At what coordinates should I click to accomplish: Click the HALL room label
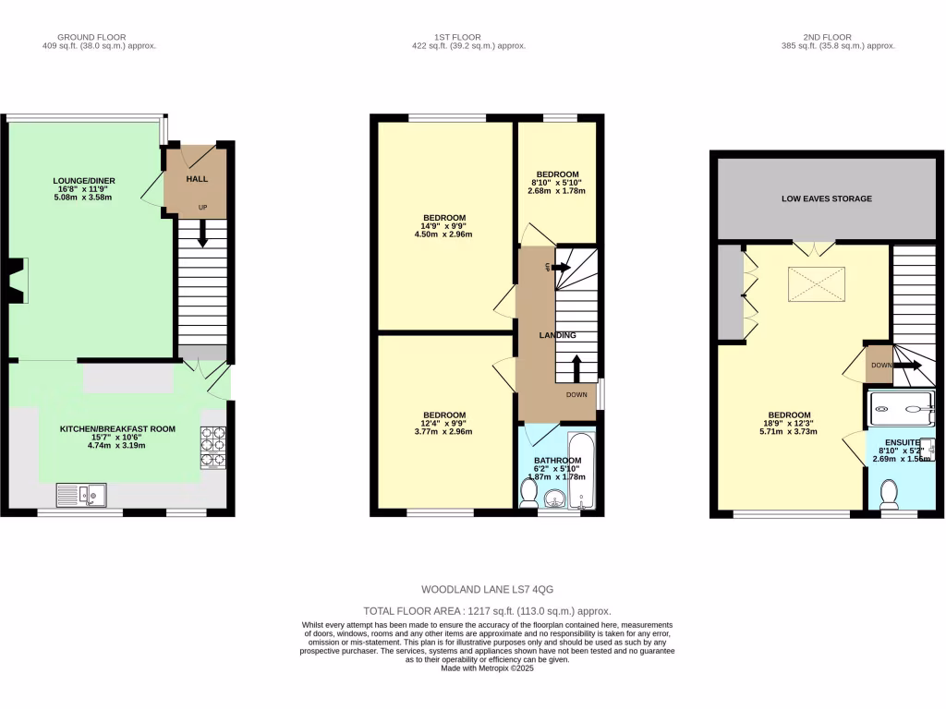point(197,179)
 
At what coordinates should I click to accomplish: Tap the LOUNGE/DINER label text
point(84,180)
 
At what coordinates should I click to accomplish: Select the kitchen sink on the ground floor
point(81,495)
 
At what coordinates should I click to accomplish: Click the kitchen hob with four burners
point(213,447)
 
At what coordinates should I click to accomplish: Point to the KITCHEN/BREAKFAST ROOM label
point(104,430)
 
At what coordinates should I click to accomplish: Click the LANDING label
point(558,335)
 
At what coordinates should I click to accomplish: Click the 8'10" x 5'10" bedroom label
point(557,174)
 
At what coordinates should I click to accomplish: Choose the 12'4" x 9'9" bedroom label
point(444,415)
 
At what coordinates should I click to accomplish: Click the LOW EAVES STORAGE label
point(826,198)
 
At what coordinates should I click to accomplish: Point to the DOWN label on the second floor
point(880,365)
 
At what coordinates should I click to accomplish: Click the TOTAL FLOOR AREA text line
point(487,611)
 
